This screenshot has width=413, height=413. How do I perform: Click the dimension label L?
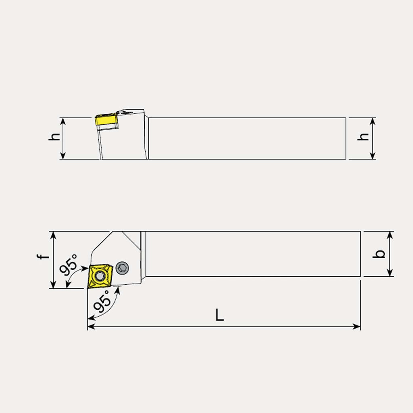pyautogui.click(x=219, y=315)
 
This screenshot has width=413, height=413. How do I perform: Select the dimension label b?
pyautogui.click(x=380, y=254)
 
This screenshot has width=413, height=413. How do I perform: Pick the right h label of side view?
pyautogui.click(x=364, y=137)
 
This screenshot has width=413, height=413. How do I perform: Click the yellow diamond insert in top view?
pyautogui.click(x=99, y=277)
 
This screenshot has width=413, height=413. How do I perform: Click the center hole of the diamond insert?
pyautogui.click(x=99, y=277)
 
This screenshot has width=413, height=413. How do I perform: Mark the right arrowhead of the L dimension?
pyautogui.click(x=358, y=326)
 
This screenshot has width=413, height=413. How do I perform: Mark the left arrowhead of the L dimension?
pyautogui.click(x=90, y=326)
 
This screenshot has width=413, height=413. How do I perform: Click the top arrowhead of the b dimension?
pyautogui.click(x=390, y=234)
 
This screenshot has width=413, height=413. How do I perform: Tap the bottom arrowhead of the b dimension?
pyautogui.click(x=390, y=274)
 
